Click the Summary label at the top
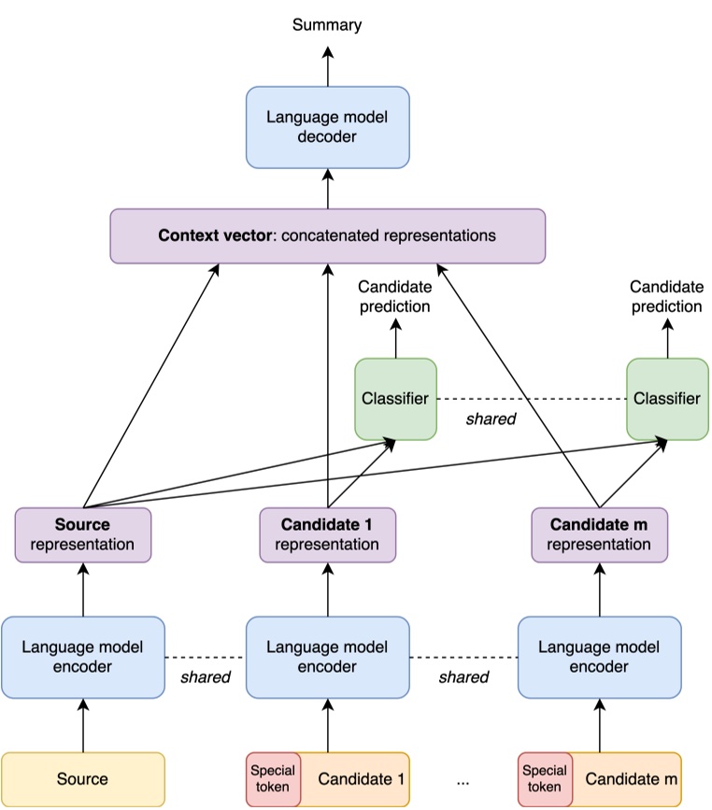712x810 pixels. (x=327, y=25)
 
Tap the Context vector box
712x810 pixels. (x=327, y=235)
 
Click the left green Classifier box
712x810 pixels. (x=394, y=398)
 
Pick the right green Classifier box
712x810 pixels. (x=666, y=398)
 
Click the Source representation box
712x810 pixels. (x=83, y=534)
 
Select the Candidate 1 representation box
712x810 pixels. (x=327, y=534)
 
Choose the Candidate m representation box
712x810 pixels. (x=599, y=534)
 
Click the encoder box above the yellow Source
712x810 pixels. (x=83, y=657)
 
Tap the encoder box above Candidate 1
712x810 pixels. (x=327, y=657)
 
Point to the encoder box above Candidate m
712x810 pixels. (x=599, y=657)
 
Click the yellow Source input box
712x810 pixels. (x=83, y=778)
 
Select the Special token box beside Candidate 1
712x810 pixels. (x=273, y=778)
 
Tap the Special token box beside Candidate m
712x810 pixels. (x=545, y=778)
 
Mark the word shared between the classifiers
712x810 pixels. (x=491, y=419)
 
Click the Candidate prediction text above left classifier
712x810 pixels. (x=394, y=296)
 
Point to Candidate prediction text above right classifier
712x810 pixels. (x=666, y=296)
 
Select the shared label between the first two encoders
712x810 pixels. (x=205, y=677)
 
